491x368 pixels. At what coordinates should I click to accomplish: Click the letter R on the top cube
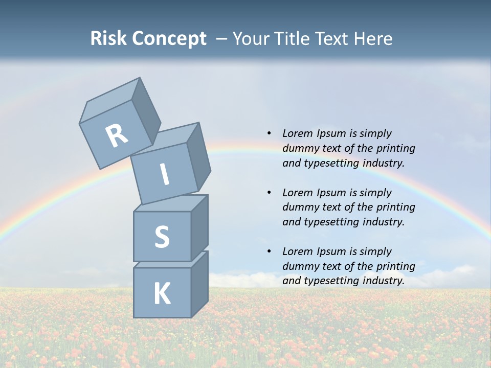(117, 136)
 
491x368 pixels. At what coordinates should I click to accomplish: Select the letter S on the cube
(162, 237)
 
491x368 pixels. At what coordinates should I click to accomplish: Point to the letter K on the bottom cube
(162, 294)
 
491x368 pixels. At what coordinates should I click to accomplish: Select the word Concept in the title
(169, 39)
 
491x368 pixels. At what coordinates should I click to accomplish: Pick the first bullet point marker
(269, 133)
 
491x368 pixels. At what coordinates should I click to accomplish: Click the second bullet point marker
(269, 193)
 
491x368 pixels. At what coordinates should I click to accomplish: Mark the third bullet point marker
(269, 251)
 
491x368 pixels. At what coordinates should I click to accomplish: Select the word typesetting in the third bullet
(326, 281)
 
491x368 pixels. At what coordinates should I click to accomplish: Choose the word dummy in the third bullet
(299, 266)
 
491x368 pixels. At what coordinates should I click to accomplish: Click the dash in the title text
(222, 39)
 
